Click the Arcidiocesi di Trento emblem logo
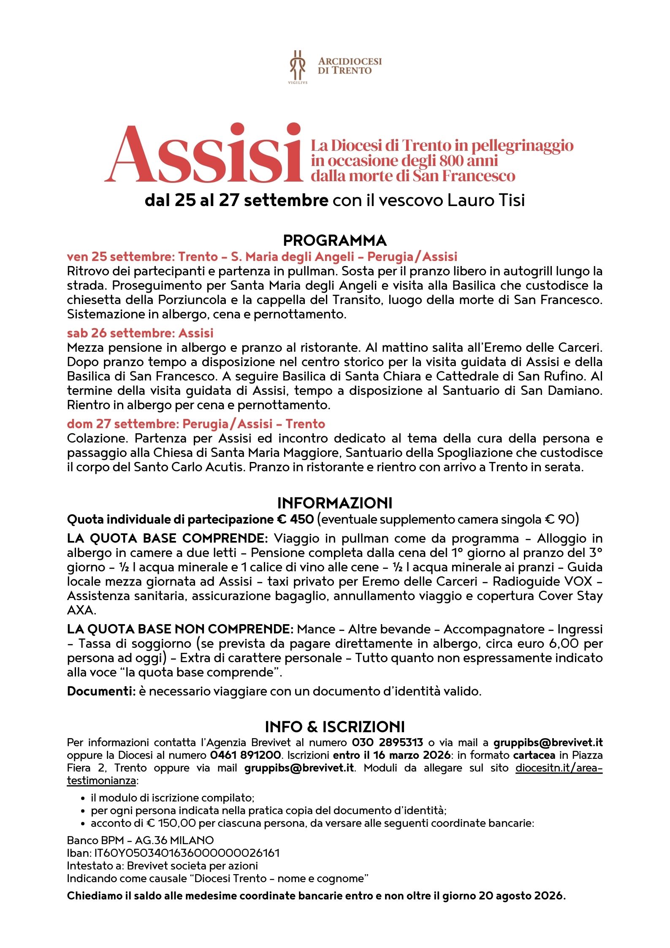[298, 66]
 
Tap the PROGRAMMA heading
[335, 240]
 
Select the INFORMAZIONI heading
[335, 503]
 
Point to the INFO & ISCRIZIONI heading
[335, 727]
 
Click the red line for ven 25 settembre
[262, 257]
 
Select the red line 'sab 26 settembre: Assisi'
[140, 333]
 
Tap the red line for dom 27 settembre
[196, 424]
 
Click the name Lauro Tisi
[486, 200]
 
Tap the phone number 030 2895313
[388, 742]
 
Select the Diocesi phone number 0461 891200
[245, 755]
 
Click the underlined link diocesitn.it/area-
[559, 768]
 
